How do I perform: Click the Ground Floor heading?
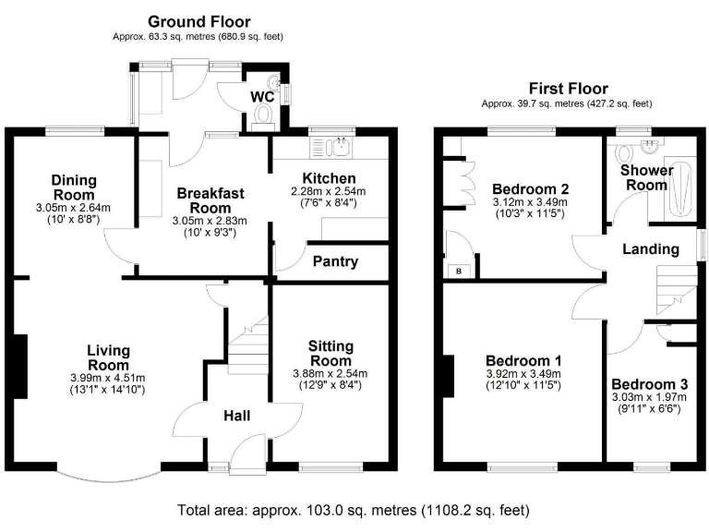coord(199,22)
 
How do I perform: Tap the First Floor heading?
coord(569,89)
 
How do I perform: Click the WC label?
coord(262,97)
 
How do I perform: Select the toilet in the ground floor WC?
coord(263,115)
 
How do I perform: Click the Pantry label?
coord(335,261)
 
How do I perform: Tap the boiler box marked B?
coord(459,272)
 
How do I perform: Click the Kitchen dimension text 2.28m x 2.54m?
coord(329,191)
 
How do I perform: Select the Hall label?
coord(237,416)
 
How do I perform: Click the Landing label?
coord(651,249)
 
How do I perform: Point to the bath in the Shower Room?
coord(679,189)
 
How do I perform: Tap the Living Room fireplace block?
coord(21,367)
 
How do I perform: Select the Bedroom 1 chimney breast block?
coord(448,376)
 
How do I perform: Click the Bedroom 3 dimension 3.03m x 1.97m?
coord(649,398)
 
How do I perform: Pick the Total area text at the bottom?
coord(354,510)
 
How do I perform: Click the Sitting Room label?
coord(330,354)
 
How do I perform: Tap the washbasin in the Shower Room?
coord(651,146)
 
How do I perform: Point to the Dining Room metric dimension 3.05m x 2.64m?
coord(73,208)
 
